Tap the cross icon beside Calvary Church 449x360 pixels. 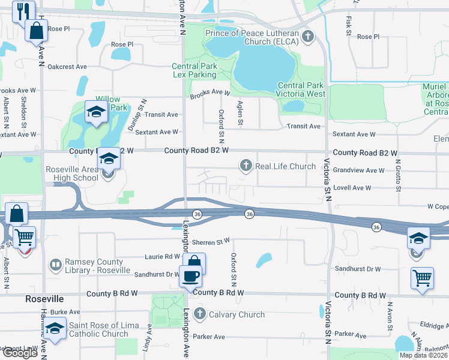200,314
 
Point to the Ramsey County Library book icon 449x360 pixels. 56,265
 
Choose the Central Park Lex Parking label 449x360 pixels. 194,71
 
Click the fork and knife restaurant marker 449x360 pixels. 23,10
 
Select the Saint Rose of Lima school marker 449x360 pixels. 55,328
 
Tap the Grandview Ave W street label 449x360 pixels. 358,170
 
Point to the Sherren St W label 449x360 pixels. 211,241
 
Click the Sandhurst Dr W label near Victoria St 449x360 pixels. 358,269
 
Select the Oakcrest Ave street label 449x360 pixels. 67,67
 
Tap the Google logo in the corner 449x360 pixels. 19,353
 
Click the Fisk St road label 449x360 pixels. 349,25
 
